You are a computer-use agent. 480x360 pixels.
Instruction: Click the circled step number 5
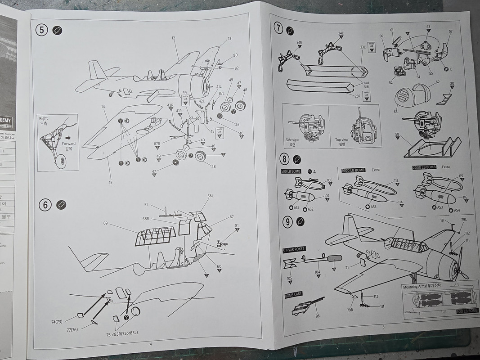tap(42, 31)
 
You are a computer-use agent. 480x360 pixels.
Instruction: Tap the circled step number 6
tap(45, 205)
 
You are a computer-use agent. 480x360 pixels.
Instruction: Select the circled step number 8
tap(285, 159)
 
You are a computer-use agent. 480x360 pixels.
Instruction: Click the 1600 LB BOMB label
tap(353, 170)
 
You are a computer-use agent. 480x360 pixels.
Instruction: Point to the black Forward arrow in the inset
tap(68, 138)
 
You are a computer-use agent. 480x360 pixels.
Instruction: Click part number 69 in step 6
tap(105, 224)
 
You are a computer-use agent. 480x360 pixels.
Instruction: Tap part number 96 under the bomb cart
tap(318, 316)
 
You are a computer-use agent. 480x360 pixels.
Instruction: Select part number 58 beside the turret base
tap(397, 135)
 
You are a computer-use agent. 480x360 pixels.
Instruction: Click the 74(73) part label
tap(57, 322)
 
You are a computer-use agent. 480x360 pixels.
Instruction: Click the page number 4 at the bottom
tap(150, 344)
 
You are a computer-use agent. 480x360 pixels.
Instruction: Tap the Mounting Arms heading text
tap(422, 286)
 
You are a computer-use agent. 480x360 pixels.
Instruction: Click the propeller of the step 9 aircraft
tap(460, 265)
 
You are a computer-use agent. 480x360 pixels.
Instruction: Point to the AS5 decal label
tap(373, 207)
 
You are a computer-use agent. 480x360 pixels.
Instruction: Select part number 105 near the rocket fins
tap(289, 279)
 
